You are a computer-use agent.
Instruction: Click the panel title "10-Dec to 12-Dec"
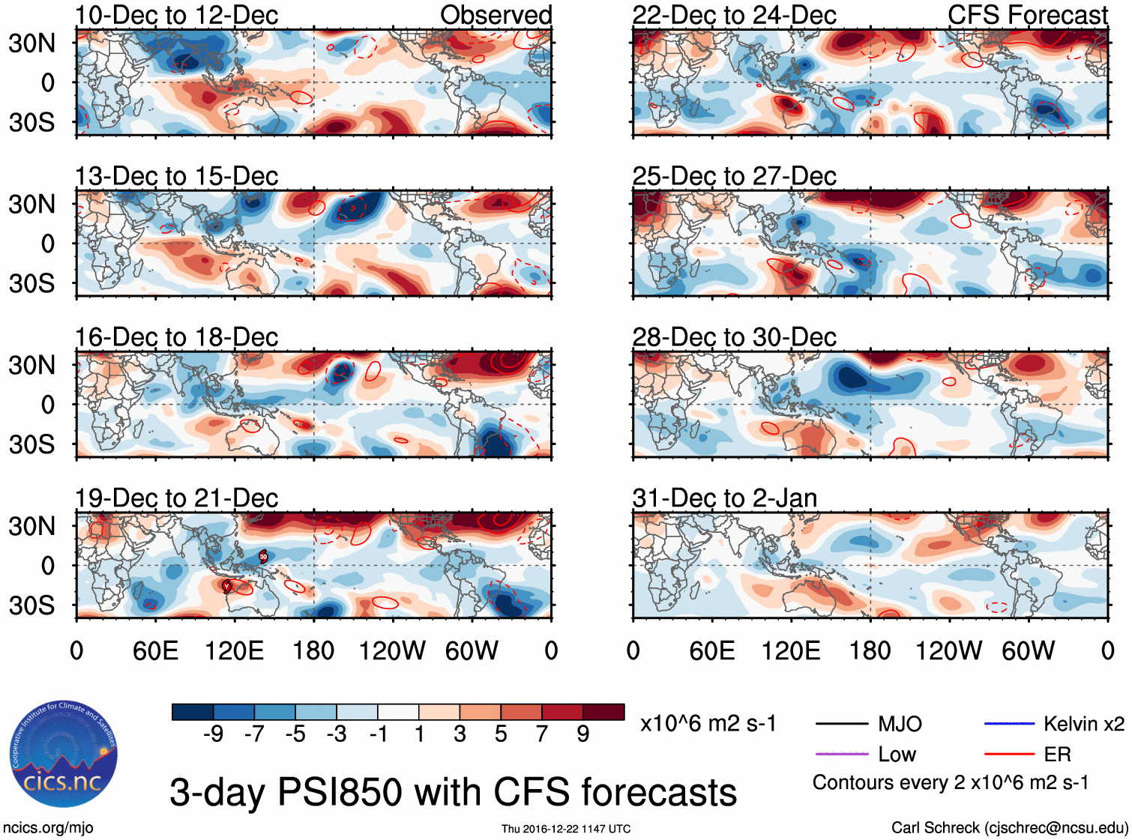(x=176, y=15)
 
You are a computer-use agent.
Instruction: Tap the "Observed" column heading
(x=496, y=15)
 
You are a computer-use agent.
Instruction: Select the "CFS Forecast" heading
(x=1027, y=15)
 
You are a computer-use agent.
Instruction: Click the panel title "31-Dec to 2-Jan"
(x=724, y=498)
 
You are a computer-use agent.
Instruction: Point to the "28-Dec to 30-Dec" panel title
(x=734, y=337)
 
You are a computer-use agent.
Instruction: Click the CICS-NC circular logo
(x=64, y=755)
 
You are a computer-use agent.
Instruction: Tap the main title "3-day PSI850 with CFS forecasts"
(x=453, y=792)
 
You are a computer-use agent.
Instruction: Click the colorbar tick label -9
(x=214, y=734)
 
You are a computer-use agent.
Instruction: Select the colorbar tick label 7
(x=542, y=734)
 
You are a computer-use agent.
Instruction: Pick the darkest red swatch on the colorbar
(x=603, y=712)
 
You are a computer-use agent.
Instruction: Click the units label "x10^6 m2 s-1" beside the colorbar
(x=708, y=724)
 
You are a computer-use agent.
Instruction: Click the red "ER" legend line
(x=1009, y=754)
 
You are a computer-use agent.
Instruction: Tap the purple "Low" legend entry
(x=897, y=754)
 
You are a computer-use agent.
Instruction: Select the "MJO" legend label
(x=900, y=724)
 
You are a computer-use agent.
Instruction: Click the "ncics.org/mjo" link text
(x=48, y=828)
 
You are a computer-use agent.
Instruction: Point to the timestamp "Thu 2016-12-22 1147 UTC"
(x=566, y=829)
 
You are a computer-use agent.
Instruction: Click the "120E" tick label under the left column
(x=235, y=650)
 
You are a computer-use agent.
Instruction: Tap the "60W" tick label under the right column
(x=1028, y=650)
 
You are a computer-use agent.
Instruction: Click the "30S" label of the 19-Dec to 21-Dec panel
(x=31, y=605)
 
